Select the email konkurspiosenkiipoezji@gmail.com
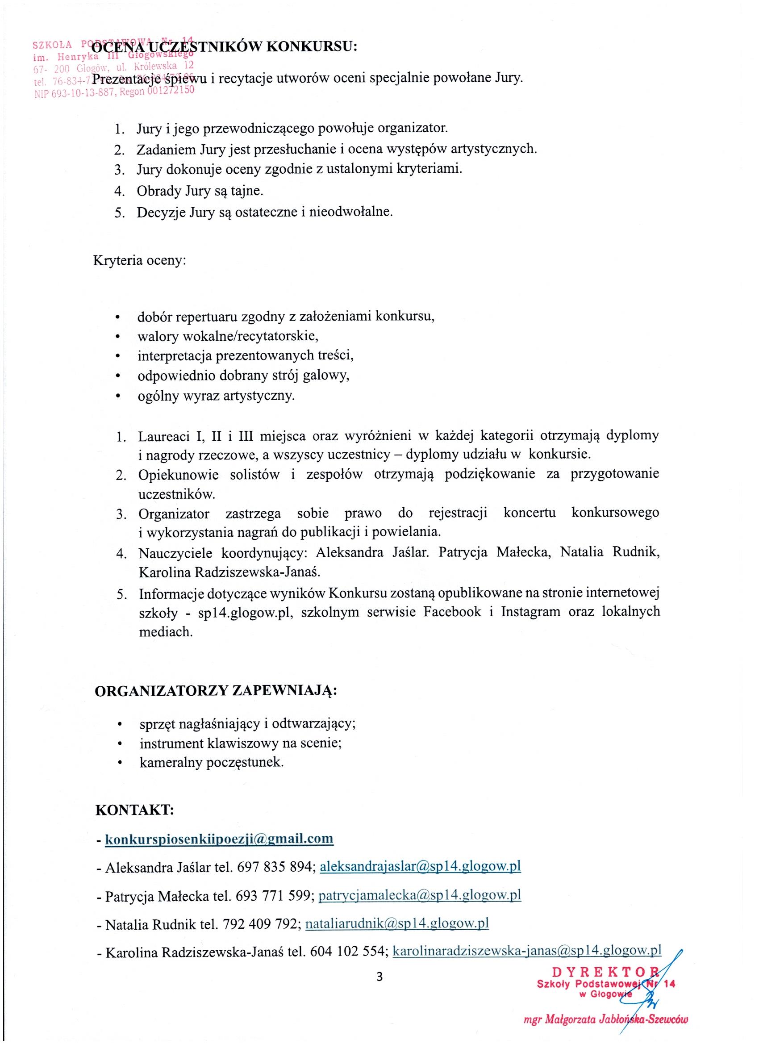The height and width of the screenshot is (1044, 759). click(x=219, y=839)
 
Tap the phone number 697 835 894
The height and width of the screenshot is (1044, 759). click(x=275, y=867)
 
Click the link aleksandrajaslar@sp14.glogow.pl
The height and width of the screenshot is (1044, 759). click(x=420, y=866)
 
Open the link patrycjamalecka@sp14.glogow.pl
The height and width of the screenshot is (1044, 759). click(x=419, y=895)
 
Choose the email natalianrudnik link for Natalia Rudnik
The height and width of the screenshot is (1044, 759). click(x=397, y=923)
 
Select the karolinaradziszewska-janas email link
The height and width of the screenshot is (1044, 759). click(x=526, y=951)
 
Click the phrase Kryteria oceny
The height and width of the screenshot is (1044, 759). click(x=139, y=260)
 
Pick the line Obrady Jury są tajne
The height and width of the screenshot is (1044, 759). click(x=200, y=191)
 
